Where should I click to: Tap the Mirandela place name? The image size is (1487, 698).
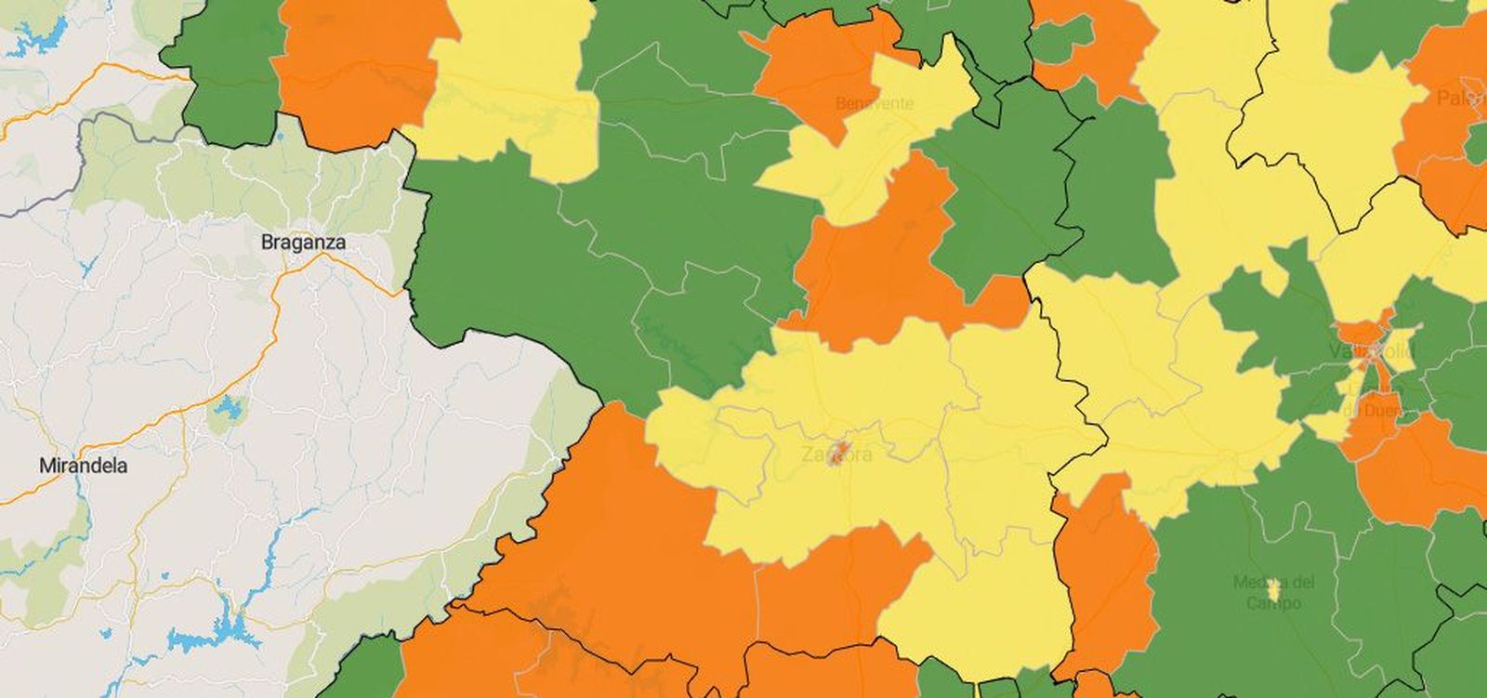[83, 466]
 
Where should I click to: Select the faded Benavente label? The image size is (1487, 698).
[874, 103]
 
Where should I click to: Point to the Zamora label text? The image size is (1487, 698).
[836, 455]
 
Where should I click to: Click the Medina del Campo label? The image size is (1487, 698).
[1273, 592]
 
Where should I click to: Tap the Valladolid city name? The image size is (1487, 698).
[1371, 352]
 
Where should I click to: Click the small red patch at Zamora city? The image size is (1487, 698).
[839, 452]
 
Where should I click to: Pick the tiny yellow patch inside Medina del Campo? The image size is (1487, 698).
[1274, 589]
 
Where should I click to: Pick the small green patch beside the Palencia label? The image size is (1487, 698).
[1477, 144]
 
